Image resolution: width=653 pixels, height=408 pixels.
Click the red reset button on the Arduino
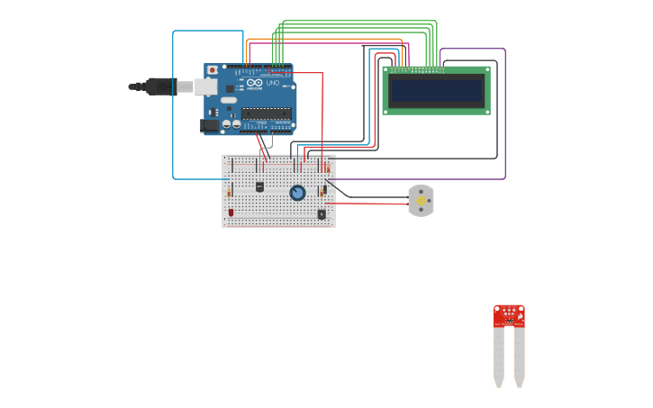tap(212, 69)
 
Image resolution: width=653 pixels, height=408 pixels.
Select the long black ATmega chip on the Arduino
tap(266, 113)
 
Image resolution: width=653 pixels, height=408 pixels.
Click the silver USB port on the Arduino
tap(206, 86)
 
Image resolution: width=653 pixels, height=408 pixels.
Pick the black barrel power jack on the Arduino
tap(210, 126)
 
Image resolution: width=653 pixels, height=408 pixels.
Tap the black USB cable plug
tap(160, 86)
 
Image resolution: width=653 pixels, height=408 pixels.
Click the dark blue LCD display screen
tap(436, 91)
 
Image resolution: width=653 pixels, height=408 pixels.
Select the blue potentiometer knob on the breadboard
tap(297, 193)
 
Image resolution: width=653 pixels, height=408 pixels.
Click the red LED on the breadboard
tap(231, 213)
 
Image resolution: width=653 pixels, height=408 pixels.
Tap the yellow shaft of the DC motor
tap(421, 201)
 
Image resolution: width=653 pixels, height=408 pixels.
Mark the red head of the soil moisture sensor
tap(509, 315)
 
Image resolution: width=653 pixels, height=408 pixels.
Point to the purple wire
tap(505, 117)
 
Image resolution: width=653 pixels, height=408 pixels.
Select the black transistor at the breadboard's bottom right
tap(322, 213)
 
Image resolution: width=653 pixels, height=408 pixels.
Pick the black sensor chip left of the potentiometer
tap(259, 186)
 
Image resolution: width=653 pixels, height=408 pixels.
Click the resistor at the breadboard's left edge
tap(229, 191)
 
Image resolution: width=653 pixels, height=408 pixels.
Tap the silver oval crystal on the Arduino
tap(229, 100)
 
